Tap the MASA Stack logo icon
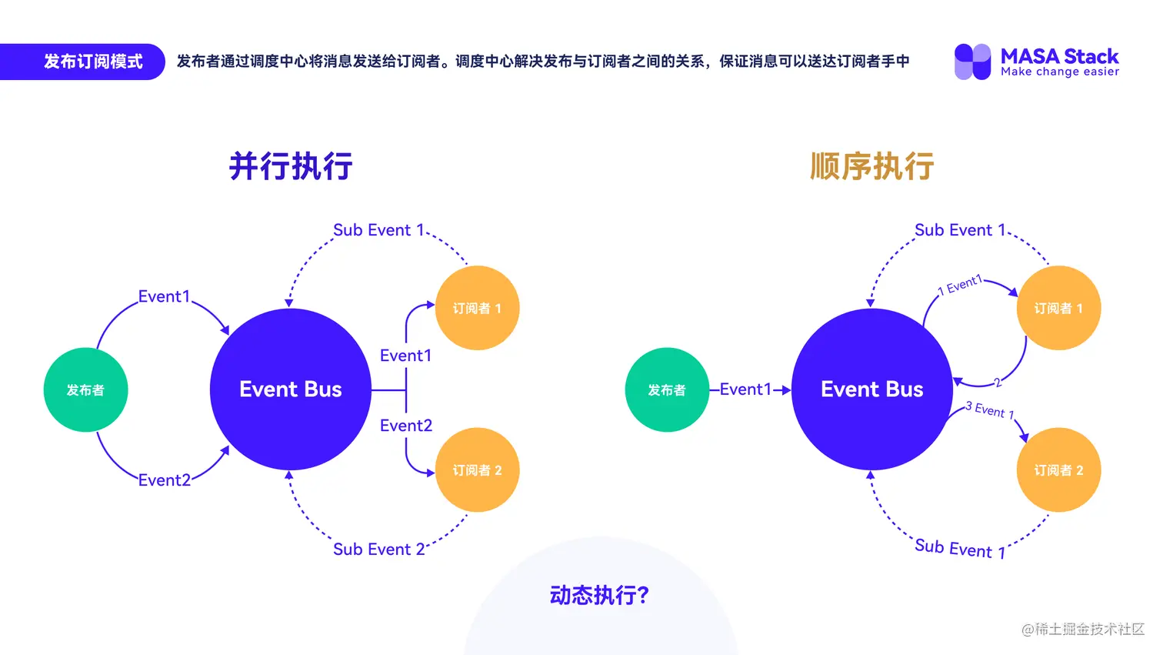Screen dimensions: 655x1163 point(972,62)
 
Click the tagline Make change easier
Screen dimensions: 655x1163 point(1060,72)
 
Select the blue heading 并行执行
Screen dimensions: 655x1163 point(291,166)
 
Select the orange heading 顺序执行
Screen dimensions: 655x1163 point(872,166)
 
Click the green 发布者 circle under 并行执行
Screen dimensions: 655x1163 point(85,389)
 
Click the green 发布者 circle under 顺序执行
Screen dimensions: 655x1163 point(667,389)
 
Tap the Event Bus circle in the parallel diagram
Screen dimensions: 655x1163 point(291,389)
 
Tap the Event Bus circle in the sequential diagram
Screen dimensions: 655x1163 point(872,389)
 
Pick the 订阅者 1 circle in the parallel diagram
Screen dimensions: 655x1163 point(477,308)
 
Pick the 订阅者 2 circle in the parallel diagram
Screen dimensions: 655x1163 point(477,470)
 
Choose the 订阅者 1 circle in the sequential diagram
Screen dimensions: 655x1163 point(1058,308)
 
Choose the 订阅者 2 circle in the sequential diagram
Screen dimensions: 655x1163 point(1058,470)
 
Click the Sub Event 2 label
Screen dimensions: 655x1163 point(378,550)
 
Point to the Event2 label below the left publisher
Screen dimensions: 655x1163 point(164,480)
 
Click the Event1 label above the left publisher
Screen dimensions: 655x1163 point(164,296)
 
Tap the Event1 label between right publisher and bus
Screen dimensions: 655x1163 point(745,389)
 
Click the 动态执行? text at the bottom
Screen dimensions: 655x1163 point(600,595)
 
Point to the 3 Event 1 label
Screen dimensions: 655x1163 point(990,410)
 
